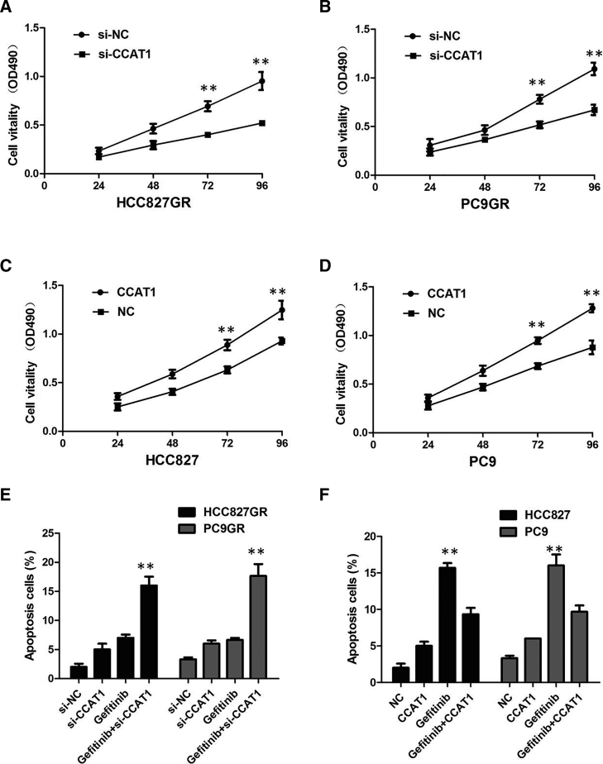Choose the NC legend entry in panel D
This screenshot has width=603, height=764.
click(442, 313)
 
